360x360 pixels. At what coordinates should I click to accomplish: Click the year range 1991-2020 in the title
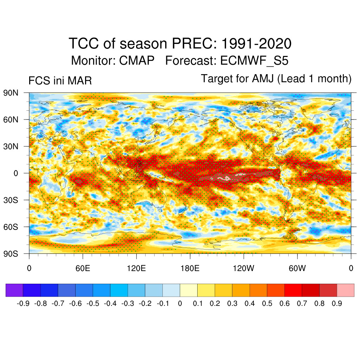pyautogui.click(x=257, y=44)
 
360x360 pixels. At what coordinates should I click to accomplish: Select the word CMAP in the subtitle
pyautogui.click(x=137, y=61)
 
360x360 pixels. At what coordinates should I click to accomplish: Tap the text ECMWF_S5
pyautogui.click(x=254, y=61)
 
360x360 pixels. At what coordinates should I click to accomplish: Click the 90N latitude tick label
pyautogui.click(x=11, y=93)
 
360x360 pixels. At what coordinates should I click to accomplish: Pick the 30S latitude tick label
pyautogui.click(x=11, y=200)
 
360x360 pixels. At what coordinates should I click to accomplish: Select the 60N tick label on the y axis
pyautogui.click(x=11, y=120)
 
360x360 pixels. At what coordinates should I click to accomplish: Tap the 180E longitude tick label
pyautogui.click(x=190, y=269)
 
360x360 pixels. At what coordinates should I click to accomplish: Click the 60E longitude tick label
pyautogui.click(x=83, y=269)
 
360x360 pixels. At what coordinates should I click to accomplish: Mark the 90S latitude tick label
pyautogui.click(x=11, y=253)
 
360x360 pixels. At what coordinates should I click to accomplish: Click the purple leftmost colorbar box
pyautogui.click(x=14, y=290)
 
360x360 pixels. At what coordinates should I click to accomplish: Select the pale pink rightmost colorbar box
pyautogui.click(x=345, y=290)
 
